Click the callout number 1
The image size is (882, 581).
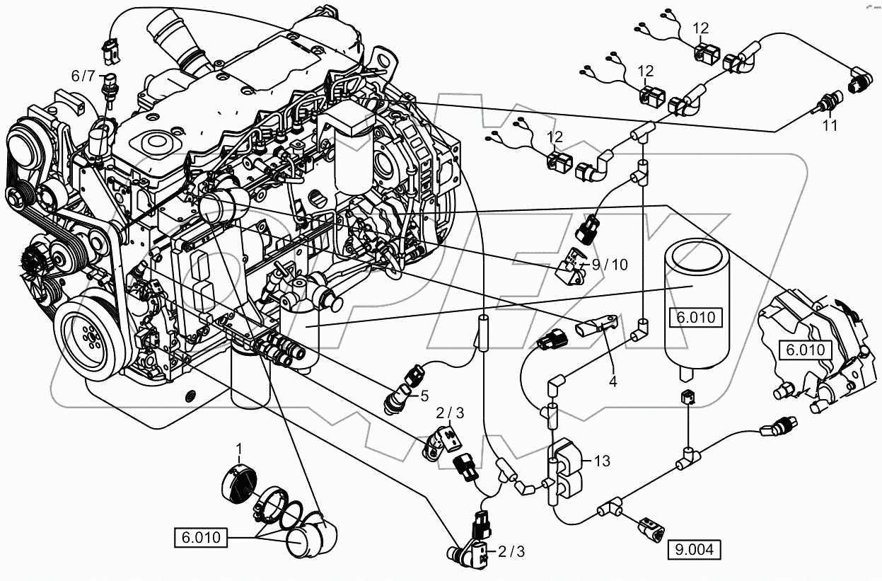(238, 448)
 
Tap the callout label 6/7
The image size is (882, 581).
(82, 75)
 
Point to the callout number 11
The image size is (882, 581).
(829, 125)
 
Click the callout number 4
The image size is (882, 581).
(613, 381)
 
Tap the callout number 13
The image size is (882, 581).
(602, 461)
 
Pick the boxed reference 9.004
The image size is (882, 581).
(695, 548)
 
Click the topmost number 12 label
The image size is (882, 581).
(700, 28)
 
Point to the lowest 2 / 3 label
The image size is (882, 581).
(512, 551)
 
